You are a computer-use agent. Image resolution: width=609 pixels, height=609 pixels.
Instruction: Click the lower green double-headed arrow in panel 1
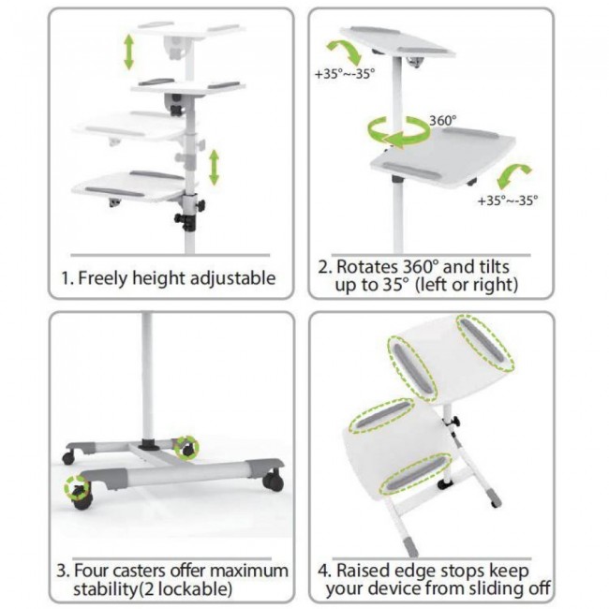coord(214,166)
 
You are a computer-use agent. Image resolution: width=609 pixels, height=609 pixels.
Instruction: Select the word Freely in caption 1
coord(104,277)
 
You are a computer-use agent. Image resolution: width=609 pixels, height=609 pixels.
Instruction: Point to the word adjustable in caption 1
coord(233,277)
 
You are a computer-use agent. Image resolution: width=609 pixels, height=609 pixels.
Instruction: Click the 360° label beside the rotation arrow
coord(441,121)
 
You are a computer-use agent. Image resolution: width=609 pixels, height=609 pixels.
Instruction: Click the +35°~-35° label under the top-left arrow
coord(347,74)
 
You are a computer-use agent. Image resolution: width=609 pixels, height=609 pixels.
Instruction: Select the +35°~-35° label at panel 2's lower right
coord(507,201)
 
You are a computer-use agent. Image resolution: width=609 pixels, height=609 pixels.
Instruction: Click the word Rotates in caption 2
coord(368,266)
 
